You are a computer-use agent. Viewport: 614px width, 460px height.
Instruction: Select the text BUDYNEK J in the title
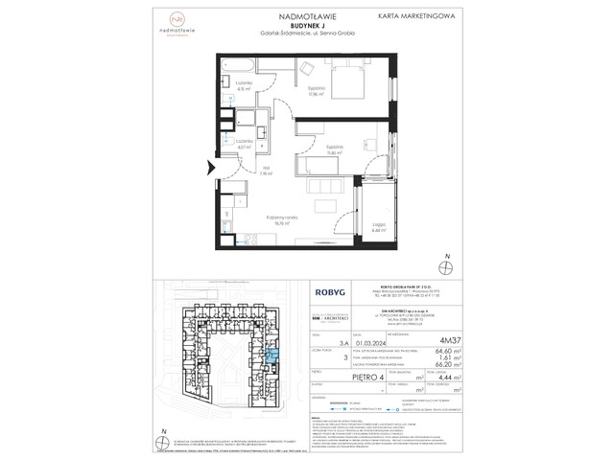coord(306,26)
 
